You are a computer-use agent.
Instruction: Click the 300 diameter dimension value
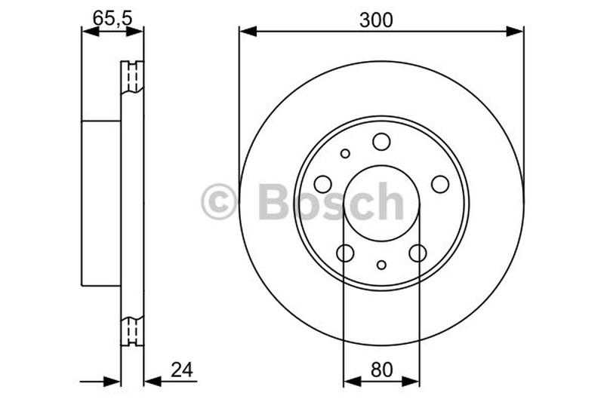[x=376, y=20]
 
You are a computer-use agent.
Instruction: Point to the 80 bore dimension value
[x=381, y=370]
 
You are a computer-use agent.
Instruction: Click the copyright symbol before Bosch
[x=219, y=203]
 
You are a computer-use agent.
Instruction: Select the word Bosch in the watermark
[x=331, y=202]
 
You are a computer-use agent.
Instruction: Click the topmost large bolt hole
[x=381, y=141]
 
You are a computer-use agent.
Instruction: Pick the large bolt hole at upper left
[x=322, y=183]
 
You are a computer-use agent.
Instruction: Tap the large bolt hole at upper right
[x=440, y=183]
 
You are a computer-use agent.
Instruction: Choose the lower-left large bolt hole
[x=345, y=253]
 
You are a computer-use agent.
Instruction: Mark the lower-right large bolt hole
[x=418, y=253]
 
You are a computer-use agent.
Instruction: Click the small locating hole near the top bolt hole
[x=345, y=153]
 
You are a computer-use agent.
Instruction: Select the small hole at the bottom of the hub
[x=381, y=265]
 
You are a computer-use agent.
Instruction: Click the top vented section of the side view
[x=132, y=77]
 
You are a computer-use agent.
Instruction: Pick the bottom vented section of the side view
[x=132, y=329]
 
